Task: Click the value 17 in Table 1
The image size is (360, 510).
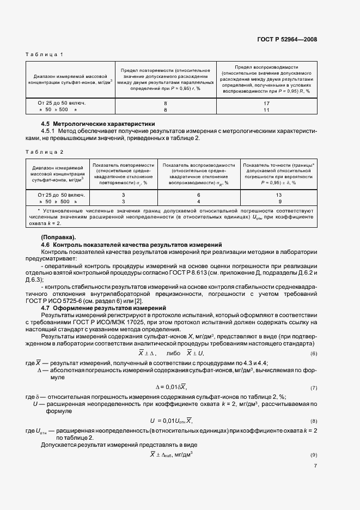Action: pyautogui.click(x=266, y=102)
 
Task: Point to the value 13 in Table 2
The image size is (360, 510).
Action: pyautogui.click(x=279, y=195)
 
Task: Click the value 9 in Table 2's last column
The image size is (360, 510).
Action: pyautogui.click(x=279, y=201)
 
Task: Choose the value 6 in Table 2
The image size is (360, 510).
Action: pyautogui.click(x=198, y=195)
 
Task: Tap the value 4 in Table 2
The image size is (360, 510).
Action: pyautogui.click(x=198, y=201)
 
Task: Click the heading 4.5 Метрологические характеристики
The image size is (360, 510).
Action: pyautogui.click(x=98, y=124)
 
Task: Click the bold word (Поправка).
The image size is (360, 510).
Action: pyautogui.click(x=59, y=238)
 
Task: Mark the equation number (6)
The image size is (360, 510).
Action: pyautogui.click(x=313, y=354)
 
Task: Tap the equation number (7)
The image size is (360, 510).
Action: pyautogui.click(x=313, y=388)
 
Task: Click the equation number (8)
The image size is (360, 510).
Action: pyautogui.click(x=313, y=422)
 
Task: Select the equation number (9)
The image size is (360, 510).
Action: pyautogui.click(x=313, y=455)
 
